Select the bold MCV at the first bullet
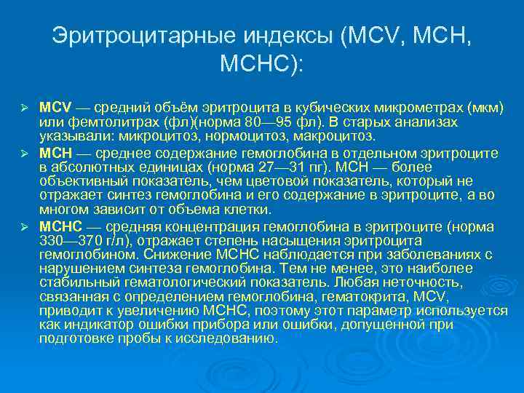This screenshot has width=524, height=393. coord(53,107)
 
